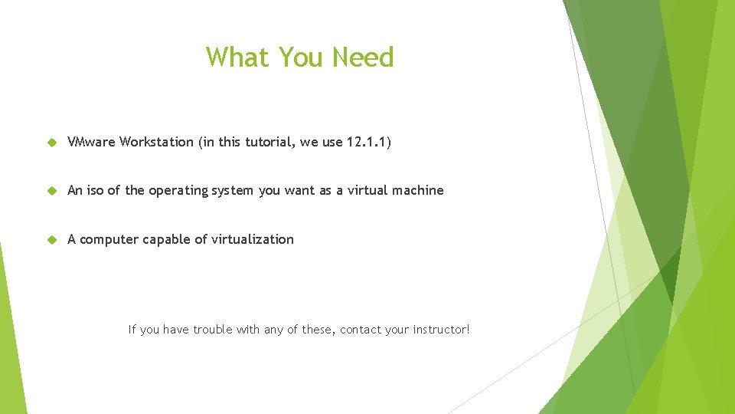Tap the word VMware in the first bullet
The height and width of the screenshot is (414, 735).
(x=92, y=142)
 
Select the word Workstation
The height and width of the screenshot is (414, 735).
(x=157, y=142)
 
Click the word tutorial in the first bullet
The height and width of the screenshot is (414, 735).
(x=268, y=142)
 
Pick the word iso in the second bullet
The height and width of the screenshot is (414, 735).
(x=95, y=190)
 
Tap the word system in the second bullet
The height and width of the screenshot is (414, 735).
(x=234, y=191)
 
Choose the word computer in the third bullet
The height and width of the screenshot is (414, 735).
(x=108, y=239)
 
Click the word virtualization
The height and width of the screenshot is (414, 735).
(x=250, y=239)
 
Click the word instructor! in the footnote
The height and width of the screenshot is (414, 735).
(x=441, y=330)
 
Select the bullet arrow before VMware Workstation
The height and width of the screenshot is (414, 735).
(x=52, y=142)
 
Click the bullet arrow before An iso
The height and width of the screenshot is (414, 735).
(x=52, y=190)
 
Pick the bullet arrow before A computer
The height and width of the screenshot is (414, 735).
(x=52, y=239)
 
